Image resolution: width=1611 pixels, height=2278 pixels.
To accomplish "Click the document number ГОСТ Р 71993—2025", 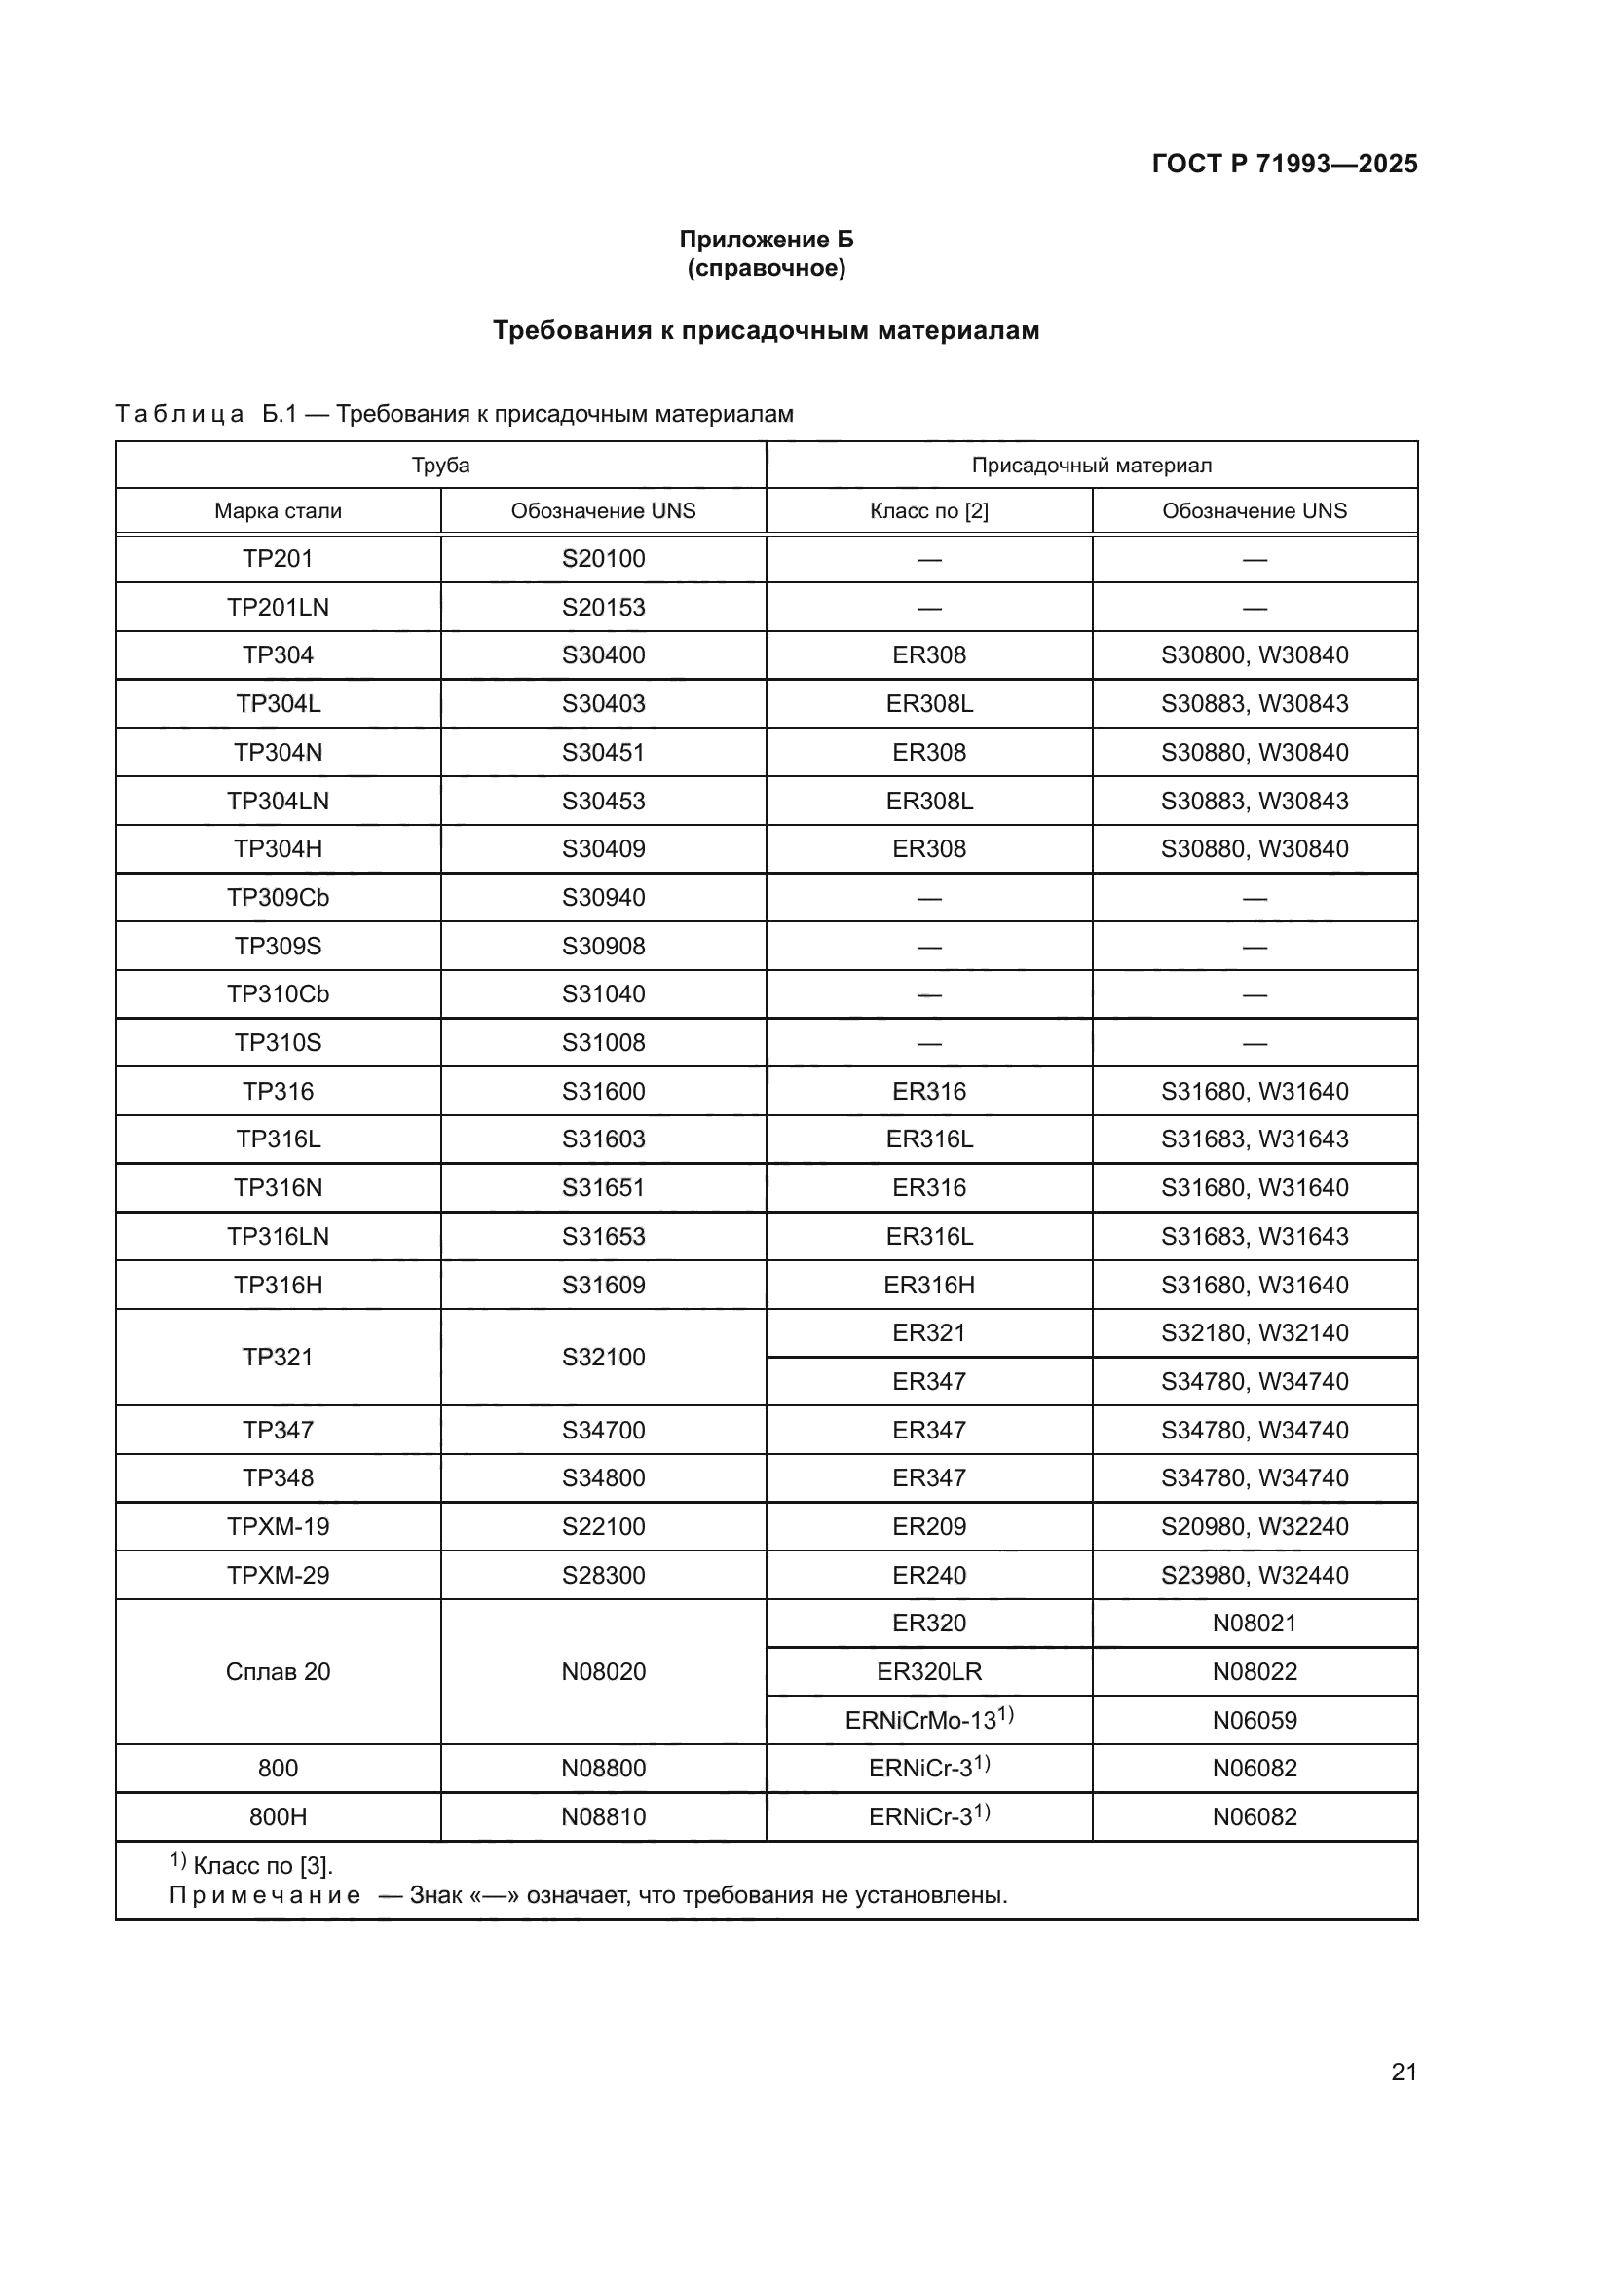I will [x=1284, y=164].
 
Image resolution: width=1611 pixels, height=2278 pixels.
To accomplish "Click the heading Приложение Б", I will [x=766, y=240].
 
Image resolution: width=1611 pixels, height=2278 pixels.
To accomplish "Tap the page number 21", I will [x=1404, y=2072].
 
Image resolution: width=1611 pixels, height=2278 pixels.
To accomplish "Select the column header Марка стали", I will [x=278, y=511].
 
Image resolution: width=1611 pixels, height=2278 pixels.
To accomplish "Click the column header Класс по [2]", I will [x=928, y=511].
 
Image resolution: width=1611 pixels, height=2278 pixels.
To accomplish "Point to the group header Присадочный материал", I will [x=1091, y=466].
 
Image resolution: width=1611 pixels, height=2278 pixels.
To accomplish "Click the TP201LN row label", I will [x=278, y=607].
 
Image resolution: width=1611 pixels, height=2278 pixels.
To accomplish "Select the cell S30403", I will [x=603, y=703].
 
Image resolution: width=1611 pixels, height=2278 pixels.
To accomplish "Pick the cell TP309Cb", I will [x=278, y=898].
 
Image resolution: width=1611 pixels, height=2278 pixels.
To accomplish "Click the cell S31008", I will [x=603, y=1043].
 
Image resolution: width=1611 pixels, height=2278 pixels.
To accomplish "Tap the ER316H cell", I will [x=928, y=1285].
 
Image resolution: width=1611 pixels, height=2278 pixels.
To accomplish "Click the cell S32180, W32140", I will [x=1254, y=1332].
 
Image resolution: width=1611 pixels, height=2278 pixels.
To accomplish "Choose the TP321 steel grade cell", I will [x=278, y=1357].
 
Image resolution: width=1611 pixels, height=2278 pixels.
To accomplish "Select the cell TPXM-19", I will [x=278, y=1526].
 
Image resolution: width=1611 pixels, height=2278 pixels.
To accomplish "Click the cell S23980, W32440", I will [x=1254, y=1575].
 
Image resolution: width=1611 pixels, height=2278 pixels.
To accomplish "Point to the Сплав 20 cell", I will [x=278, y=1672].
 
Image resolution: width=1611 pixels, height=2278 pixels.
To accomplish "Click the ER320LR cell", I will [x=928, y=1672].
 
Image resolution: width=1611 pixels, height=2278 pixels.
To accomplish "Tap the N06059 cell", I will [x=1254, y=1720].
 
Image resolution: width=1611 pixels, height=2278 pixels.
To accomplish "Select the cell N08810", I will [x=603, y=1816].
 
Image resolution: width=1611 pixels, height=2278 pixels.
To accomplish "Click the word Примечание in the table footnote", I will [x=264, y=1896].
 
